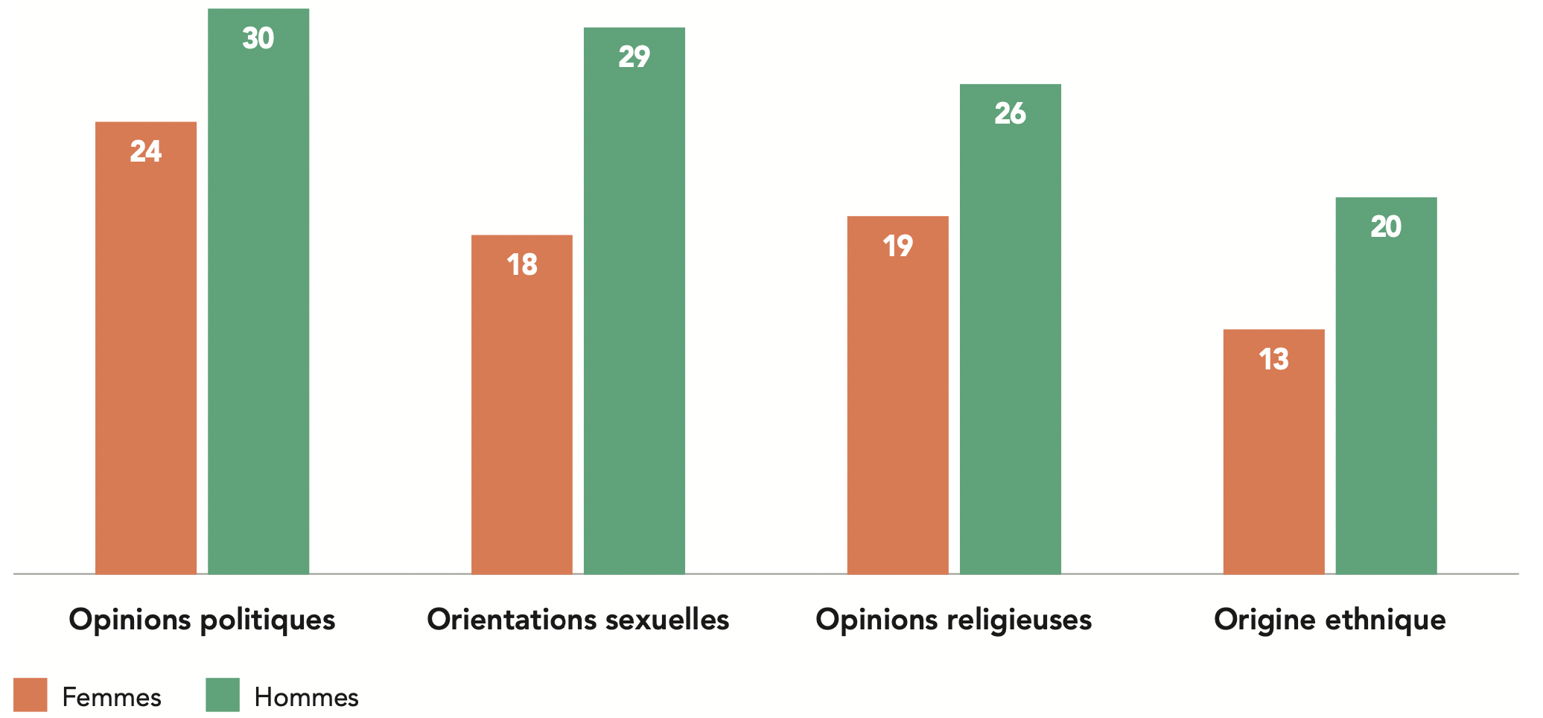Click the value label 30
coord(258,39)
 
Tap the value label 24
coord(146,152)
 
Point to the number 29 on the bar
coord(634,57)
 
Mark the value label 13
coord(1274,360)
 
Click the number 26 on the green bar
coord(1011,114)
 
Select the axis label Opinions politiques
coord(202,620)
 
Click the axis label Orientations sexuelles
coord(578,620)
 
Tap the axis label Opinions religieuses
coord(954,620)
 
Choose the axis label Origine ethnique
coord(1330,620)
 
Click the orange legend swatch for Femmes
coord(31,695)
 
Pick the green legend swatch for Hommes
coord(223,695)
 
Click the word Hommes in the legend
coord(306,697)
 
